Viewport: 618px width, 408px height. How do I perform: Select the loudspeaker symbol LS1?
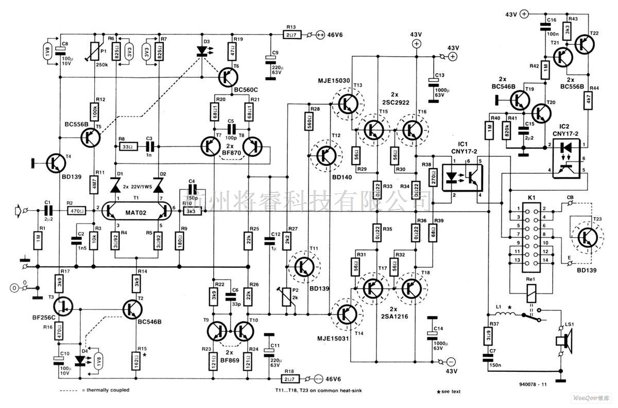click(x=560, y=341)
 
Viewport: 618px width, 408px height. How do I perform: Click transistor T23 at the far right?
click(x=586, y=237)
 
